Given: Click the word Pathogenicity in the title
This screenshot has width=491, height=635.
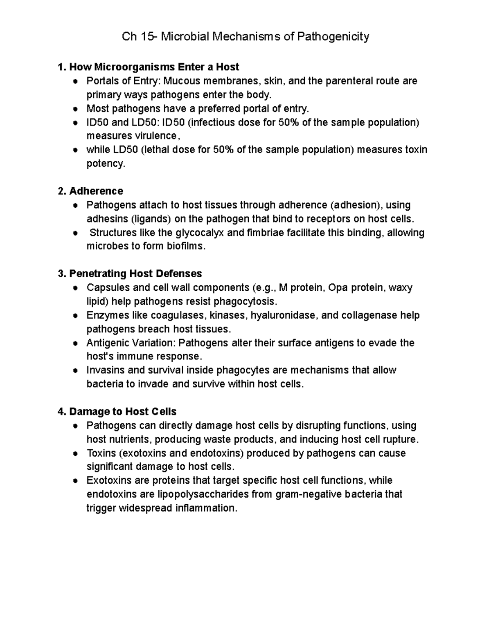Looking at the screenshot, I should click(x=333, y=37).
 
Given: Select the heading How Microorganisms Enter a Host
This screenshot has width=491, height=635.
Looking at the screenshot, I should click(x=154, y=67).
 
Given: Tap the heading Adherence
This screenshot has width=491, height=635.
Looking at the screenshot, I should click(x=96, y=191).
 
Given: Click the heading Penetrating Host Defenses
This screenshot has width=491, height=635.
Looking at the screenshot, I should click(x=135, y=273).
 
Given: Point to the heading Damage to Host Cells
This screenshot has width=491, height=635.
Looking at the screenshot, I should click(x=123, y=411).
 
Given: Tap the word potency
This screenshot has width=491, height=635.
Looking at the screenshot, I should click(x=105, y=164).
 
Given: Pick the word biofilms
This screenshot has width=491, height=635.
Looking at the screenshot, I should click(x=185, y=247).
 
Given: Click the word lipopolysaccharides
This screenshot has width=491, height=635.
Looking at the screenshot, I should click(x=203, y=494).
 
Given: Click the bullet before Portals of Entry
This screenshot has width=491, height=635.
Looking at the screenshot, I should click(x=75, y=81).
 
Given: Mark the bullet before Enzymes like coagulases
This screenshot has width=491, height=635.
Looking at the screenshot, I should click(x=75, y=316).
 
